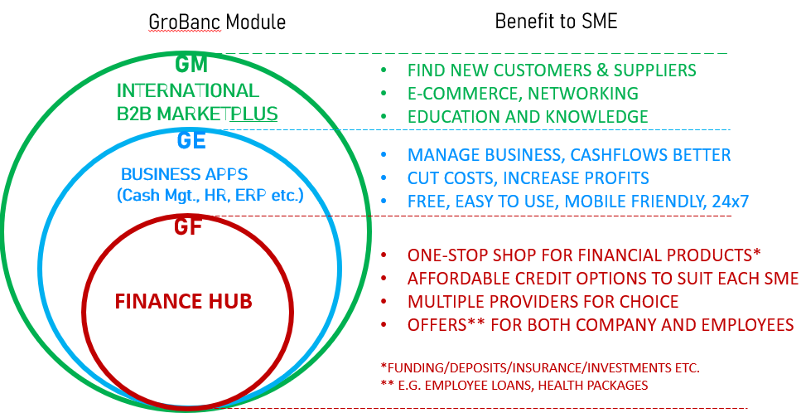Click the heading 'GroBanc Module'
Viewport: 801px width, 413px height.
pyautogui.click(x=216, y=22)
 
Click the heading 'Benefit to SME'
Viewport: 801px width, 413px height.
pyautogui.click(x=556, y=21)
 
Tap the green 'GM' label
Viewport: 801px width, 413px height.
pyautogui.click(x=191, y=64)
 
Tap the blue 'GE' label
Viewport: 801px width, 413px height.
pyautogui.click(x=191, y=140)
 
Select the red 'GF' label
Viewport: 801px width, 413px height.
pyautogui.click(x=187, y=226)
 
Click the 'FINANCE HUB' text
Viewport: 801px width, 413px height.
pyautogui.click(x=183, y=300)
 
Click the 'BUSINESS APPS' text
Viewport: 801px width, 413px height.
pyautogui.click(x=184, y=174)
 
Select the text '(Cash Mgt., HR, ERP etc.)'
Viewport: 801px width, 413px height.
pyautogui.click(x=210, y=196)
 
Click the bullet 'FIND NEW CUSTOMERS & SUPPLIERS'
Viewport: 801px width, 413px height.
pyautogui.click(x=552, y=70)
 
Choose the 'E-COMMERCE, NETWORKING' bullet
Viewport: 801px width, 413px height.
pyautogui.click(x=523, y=93)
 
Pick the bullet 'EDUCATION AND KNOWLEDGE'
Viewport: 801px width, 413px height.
pyautogui.click(x=528, y=116)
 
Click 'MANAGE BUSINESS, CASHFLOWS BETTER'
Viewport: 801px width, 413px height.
pyautogui.click(x=569, y=155)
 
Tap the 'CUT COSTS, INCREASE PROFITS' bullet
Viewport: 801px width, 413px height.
pyautogui.click(x=528, y=178)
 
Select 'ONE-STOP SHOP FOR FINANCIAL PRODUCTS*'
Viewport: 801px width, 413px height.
pyautogui.click(x=583, y=255)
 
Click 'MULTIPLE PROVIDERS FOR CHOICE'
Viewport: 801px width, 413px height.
pyautogui.click(x=543, y=301)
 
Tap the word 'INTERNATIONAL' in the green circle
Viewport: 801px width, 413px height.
pyautogui.click(x=188, y=90)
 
